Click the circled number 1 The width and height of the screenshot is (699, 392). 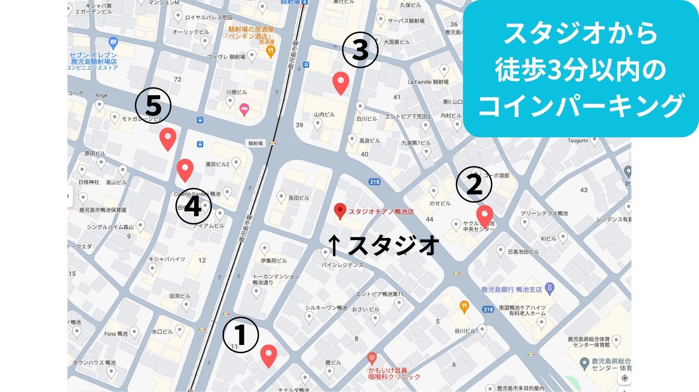[240, 335]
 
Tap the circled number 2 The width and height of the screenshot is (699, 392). [474, 184]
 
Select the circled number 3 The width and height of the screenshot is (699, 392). [360, 49]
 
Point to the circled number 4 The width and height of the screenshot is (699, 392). [193, 207]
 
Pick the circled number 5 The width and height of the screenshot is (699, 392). [153, 106]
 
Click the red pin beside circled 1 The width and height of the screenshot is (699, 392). [268, 355]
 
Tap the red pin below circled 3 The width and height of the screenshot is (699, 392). [341, 82]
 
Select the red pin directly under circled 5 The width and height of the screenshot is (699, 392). [168, 138]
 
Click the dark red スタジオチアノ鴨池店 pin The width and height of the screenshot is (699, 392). [340, 211]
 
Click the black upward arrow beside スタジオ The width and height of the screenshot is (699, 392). [334, 245]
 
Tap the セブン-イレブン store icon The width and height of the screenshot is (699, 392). [114, 43]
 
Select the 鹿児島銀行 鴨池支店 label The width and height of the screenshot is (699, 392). [511, 290]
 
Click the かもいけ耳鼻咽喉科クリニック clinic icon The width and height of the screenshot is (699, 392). [372, 358]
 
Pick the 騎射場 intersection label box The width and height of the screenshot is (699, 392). [256, 143]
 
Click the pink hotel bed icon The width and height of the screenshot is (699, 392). [244, 109]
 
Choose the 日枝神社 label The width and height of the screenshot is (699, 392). [89, 182]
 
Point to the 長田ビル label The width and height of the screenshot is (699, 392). [298, 198]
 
